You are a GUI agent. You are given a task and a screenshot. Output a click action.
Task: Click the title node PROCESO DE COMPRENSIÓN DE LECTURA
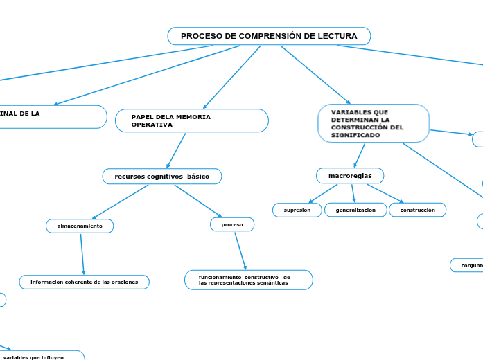(x=269, y=36)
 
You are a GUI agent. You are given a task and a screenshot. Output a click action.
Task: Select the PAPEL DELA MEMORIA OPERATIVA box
(x=191, y=120)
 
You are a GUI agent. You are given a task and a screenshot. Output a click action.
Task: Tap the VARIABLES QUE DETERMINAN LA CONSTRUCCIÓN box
(x=374, y=123)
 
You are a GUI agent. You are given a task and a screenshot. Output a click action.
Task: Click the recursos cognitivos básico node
(x=162, y=177)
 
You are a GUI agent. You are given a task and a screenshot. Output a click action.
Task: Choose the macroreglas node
(x=350, y=176)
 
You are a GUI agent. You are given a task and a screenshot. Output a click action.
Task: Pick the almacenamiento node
(x=80, y=226)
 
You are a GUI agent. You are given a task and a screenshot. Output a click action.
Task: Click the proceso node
(x=232, y=224)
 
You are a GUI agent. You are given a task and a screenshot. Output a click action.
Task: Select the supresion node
(x=297, y=210)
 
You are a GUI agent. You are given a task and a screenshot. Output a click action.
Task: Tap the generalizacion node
(x=355, y=210)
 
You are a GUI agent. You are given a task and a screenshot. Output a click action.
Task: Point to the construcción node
(x=417, y=210)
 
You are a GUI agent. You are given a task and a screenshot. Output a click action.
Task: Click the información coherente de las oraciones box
(x=84, y=282)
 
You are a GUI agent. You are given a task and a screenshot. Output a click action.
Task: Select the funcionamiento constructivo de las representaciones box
(x=248, y=280)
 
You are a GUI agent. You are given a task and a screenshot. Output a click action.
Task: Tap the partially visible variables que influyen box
(x=42, y=357)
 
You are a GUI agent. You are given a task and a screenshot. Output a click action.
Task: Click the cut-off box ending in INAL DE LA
(x=49, y=116)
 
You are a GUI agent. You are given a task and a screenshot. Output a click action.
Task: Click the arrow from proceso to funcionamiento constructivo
(x=240, y=250)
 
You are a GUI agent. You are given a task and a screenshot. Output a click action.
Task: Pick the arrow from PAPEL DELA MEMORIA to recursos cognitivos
(x=177, y=150)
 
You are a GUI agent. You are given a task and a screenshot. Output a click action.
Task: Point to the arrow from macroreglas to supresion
(x=323, y=193)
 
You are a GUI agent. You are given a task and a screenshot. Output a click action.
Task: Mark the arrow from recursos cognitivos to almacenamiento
(x=121, y=201)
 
